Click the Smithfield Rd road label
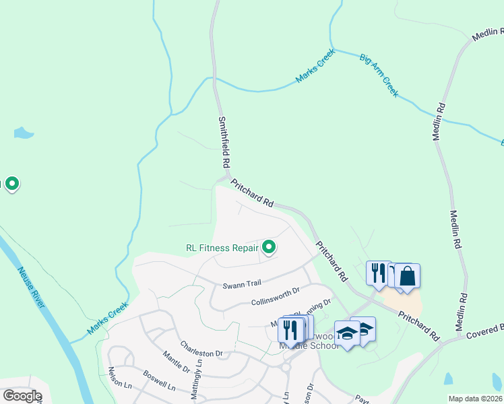click(x=225, y=143)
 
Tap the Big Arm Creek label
click(x=379, y=76)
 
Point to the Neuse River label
click(x=32, y=286)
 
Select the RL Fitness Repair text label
click(x=222, y=248)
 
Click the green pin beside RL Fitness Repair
click(x=269, y=248)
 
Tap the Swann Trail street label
click(x=241, y=285)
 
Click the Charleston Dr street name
click(x=201, y=353)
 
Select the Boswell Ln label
click(x=159, y=380)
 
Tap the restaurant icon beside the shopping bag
click(x=378, y=273)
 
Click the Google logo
click(x=22, y=396)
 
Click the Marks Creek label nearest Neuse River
click(x=108, y=319)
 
